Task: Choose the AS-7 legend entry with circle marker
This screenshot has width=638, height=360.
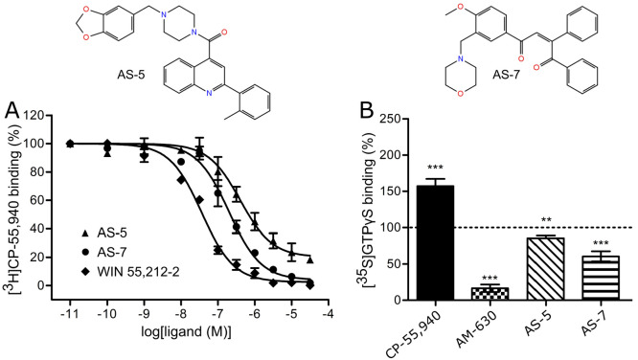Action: pyautogui.click(x=109, y=247)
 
